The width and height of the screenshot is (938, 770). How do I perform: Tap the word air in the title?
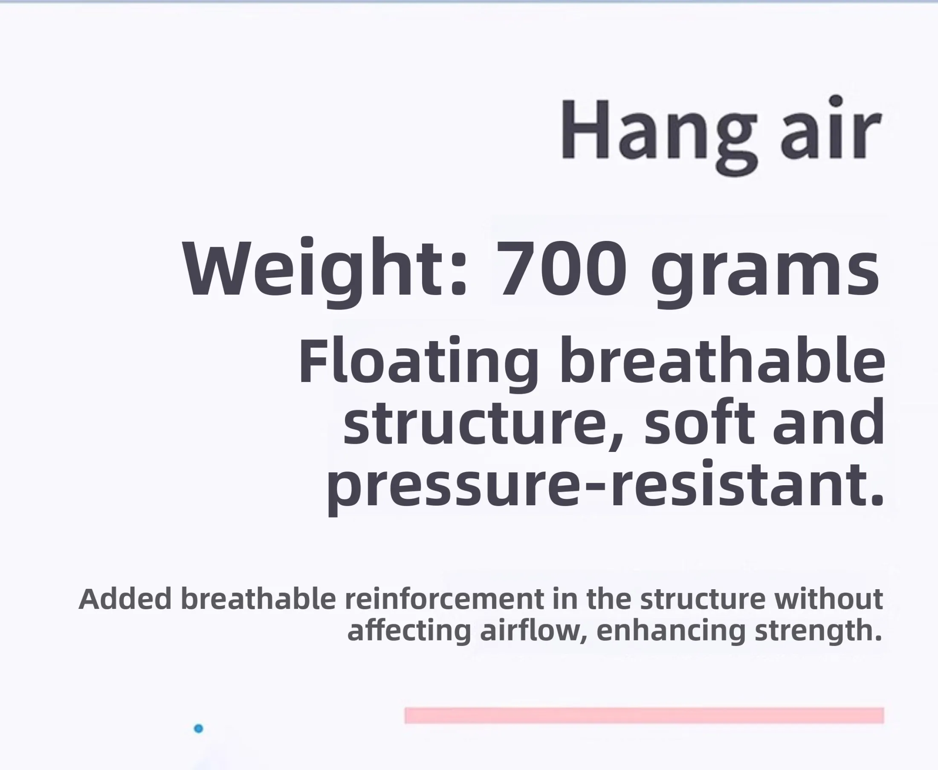(831, 127)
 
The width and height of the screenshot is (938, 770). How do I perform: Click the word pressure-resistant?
(605, 487)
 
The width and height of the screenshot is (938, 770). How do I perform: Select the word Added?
(125, 599)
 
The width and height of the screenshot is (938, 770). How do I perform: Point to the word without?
(828, 599)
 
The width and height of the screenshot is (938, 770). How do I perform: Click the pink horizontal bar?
(644, 715)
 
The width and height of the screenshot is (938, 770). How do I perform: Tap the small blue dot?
(199, 728)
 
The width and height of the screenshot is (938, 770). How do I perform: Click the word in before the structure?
(565, 599)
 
